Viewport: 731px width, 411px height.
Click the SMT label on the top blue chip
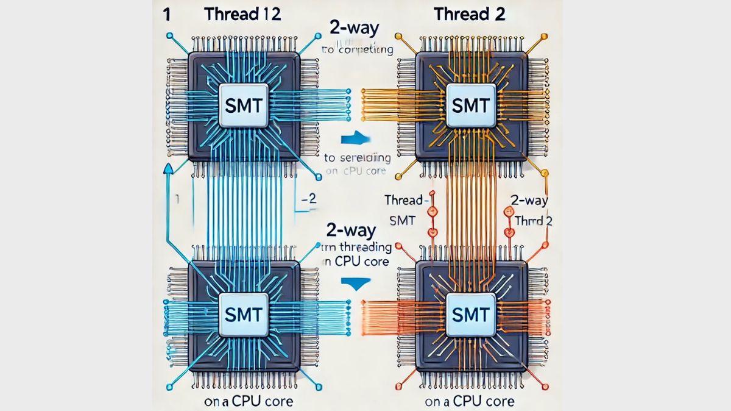coord(243,105)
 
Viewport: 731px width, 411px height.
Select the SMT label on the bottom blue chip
coord(243,315)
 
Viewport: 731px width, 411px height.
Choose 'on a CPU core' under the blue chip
coord(241,401)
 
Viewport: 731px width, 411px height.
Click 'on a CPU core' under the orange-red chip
coord(471,401)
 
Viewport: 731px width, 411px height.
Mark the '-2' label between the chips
coord(309,199)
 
